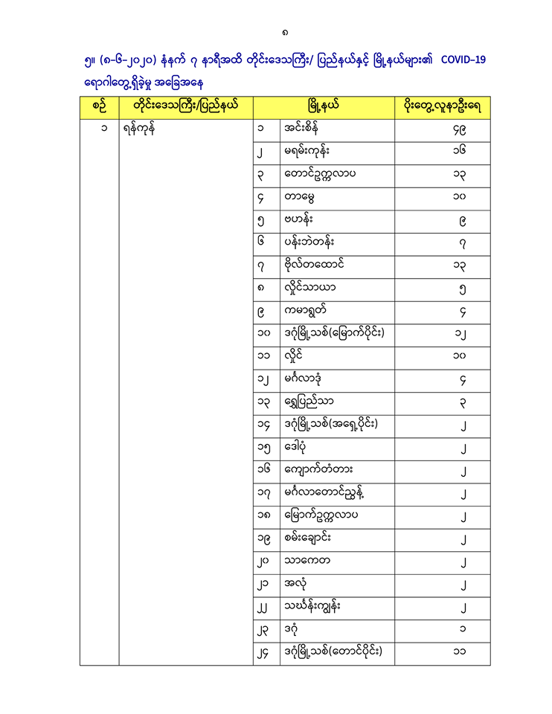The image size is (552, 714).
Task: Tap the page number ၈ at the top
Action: click(286, 32)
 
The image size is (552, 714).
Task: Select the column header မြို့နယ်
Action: click(324, 106)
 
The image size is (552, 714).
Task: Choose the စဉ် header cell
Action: click(99, 106)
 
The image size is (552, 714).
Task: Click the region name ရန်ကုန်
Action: click(140, 129)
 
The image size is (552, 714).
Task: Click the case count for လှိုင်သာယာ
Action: click(462, 290)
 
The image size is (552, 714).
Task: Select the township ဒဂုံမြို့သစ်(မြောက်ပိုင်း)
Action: click(334, 335)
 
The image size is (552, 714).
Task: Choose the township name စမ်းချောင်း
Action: click(312, 538)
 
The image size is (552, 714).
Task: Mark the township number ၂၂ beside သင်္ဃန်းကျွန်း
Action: click(260, 608)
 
